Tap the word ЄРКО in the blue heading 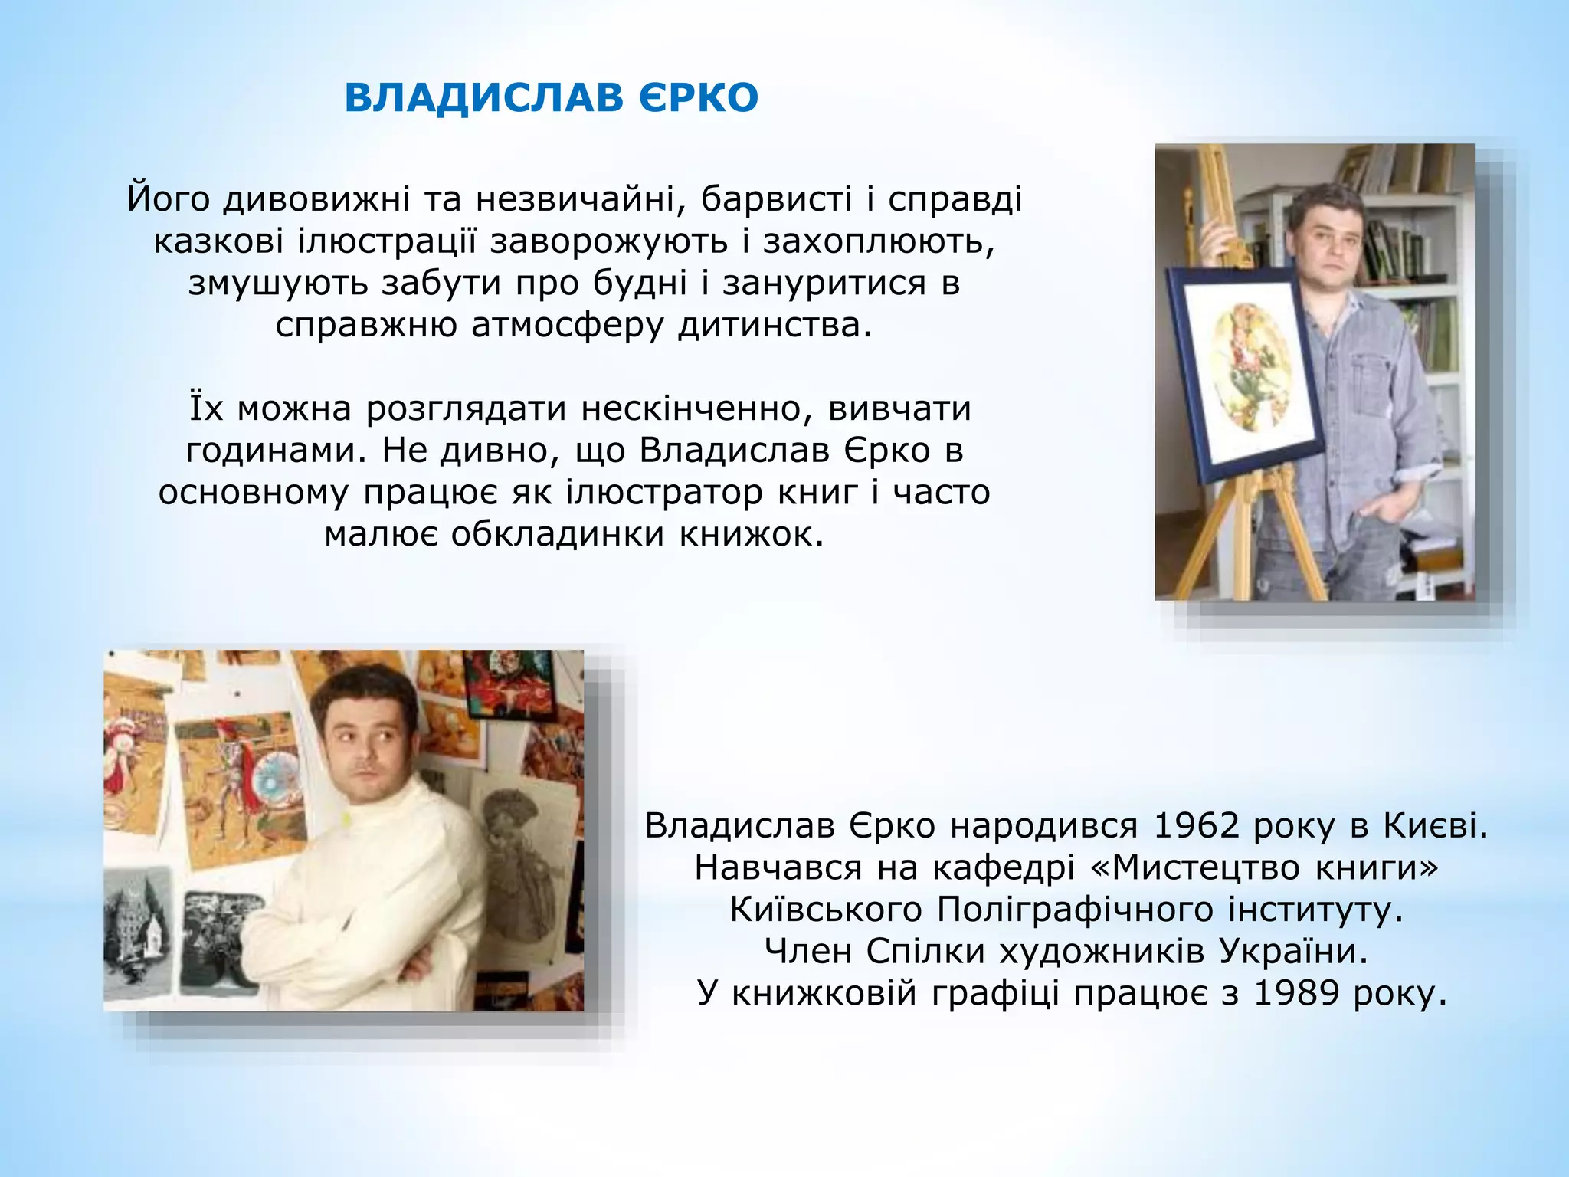pos(696,98)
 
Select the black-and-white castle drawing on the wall pos(140,935)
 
